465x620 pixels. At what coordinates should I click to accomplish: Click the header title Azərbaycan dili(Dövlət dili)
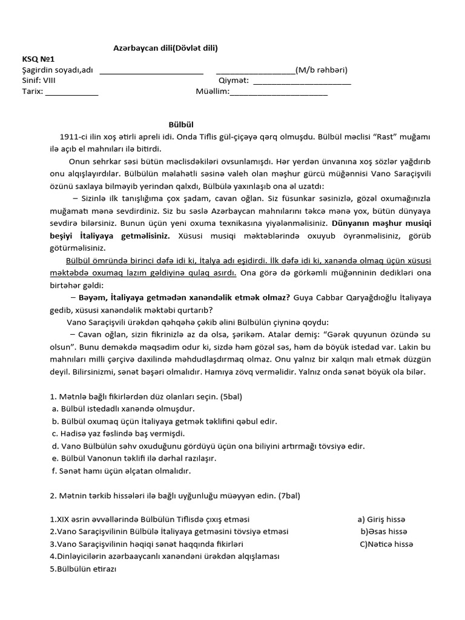tap(166, 48)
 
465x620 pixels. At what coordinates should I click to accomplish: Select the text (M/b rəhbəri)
tap(322, 70)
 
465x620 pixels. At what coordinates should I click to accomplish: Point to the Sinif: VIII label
tap(38, 81)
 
